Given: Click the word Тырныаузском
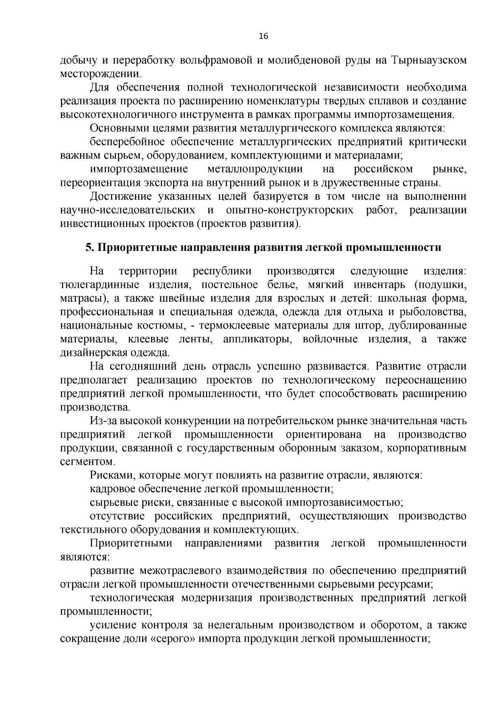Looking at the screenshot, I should tap(429, 60).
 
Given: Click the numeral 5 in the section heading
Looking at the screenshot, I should tap(88, 248).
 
